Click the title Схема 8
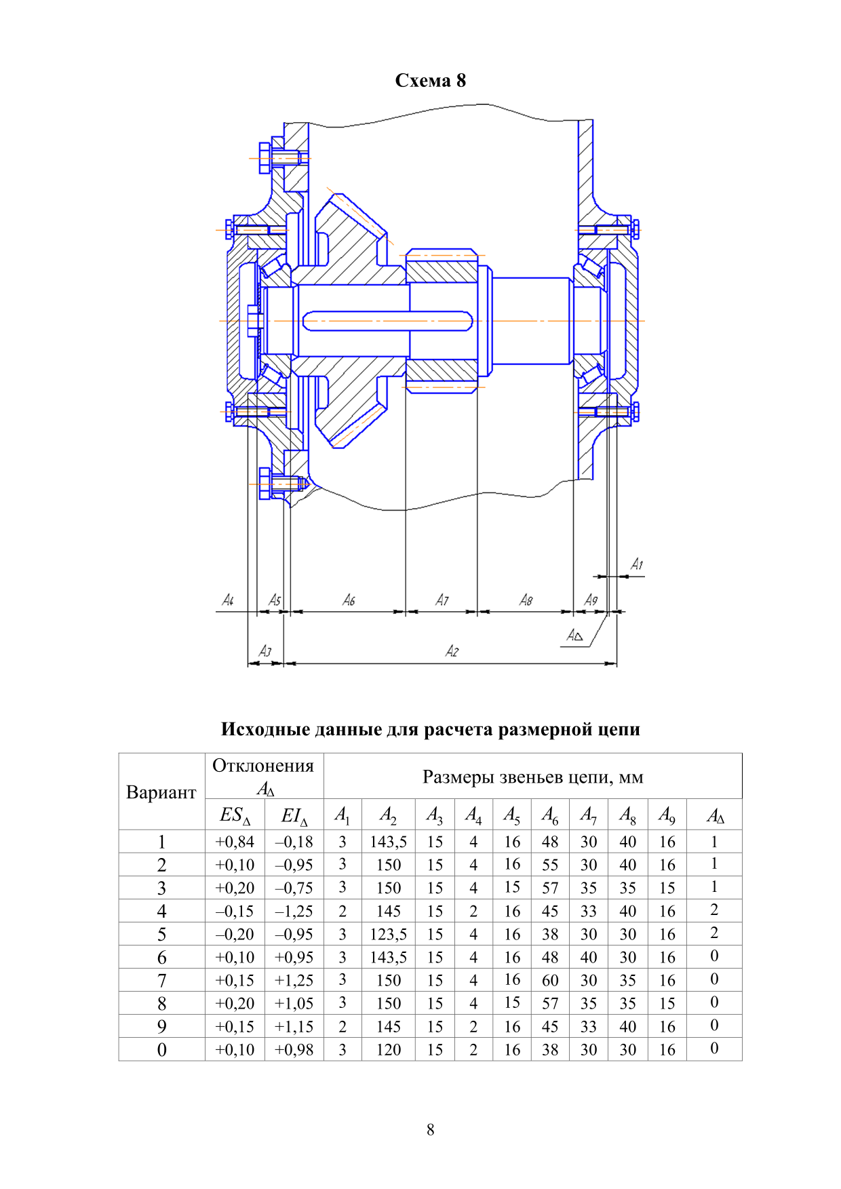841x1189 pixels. click(x=430, y=81)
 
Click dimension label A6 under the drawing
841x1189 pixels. click(x=349, y=600)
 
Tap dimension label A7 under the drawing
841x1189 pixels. click(x=442, y=600)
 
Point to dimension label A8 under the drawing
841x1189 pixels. click(x=526, y=600)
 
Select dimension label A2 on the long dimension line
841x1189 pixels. click(x=452, y=651)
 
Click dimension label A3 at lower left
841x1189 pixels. click(x=265, y=651)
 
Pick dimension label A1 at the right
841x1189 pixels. click(x=637, y=564)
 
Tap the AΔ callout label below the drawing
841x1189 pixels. click(x=574, y=636)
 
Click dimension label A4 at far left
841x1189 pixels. click(x=229, y=600)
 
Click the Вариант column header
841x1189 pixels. click(x=161, y=792)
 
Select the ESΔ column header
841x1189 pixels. click(x=235, y=815)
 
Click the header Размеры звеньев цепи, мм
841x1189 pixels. click(x=532, y=777)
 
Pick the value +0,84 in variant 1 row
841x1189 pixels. click(x=235, y=842)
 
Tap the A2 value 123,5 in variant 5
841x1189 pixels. click(x=388, y=934)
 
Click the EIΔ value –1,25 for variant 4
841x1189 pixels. click(x=294, y=911)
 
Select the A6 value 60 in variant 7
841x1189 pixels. click(x=550, y=980)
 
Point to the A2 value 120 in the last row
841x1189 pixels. click(x=388, y=1049)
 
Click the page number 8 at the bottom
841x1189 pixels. click(x=430, y=1129)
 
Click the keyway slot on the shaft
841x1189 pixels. click(x=387, y=321)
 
